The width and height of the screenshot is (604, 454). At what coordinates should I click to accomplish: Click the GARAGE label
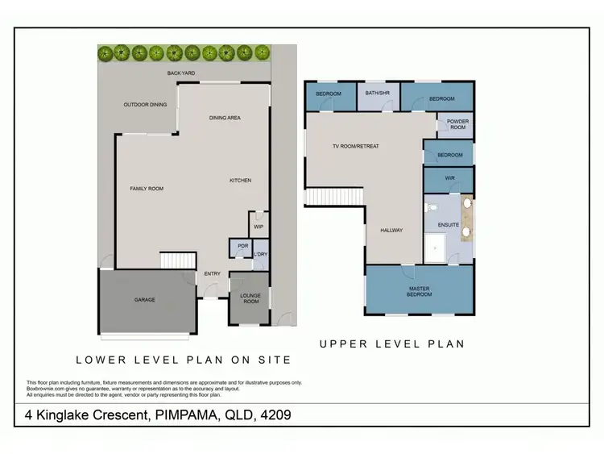coord(145,300)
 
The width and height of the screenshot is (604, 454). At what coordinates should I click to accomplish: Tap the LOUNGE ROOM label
coord(250,298)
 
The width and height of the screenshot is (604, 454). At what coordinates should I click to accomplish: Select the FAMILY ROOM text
coord(147,188)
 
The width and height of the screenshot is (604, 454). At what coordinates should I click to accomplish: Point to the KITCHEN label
coord(242,180)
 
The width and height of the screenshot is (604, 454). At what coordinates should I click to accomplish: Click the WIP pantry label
coord(258,227)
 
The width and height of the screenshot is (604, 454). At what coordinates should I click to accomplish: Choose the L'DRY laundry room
coord(260,255)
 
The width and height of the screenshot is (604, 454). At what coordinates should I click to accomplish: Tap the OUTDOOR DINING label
coord(145,104)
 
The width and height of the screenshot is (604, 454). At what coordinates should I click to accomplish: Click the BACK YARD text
coord(181,73)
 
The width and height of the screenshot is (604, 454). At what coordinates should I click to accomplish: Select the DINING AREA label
coord(225,118)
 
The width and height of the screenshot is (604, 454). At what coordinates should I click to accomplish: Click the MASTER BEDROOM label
coord(419,292)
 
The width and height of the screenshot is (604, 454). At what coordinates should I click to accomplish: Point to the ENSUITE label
coord(448,225)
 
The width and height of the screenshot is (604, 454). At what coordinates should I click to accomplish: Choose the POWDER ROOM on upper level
coord(457,125)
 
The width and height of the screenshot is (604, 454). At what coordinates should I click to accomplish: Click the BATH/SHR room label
coord(377,94)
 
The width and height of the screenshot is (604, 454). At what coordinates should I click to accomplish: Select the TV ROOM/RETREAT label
coord(355,146)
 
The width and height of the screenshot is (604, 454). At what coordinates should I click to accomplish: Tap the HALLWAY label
coord(391,231)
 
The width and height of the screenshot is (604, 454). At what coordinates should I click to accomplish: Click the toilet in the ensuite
coord(431,206)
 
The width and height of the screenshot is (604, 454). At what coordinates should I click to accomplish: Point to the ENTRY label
coord(213,274)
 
